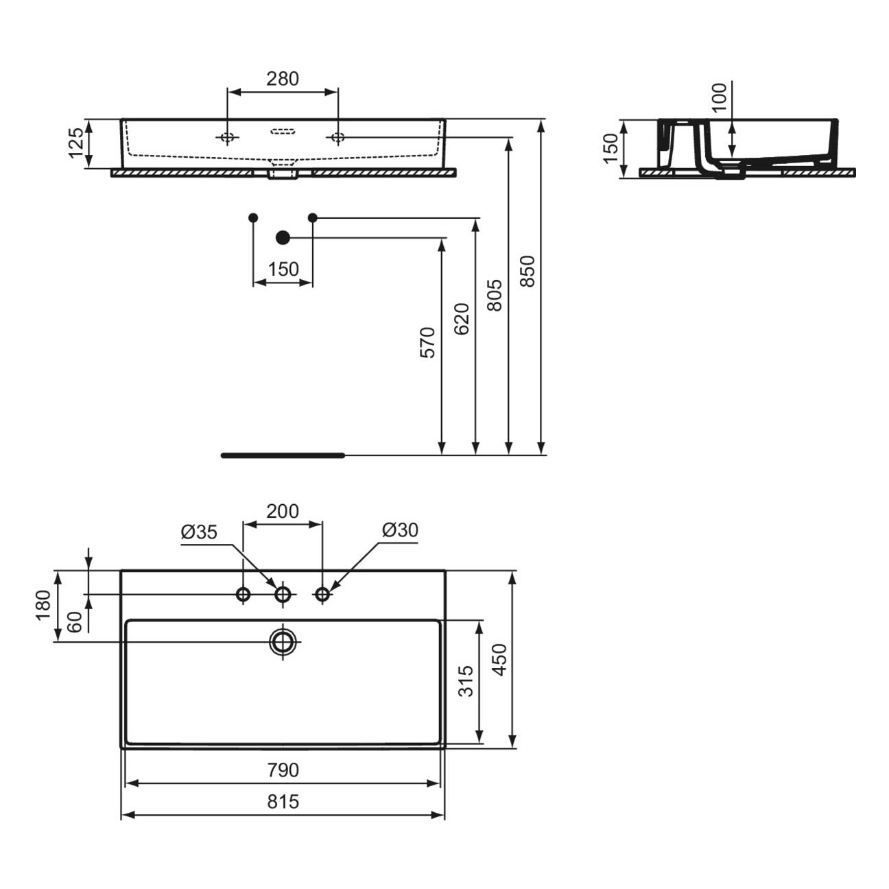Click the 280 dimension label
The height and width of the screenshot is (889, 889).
pos(283,79)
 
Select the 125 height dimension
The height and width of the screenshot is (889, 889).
pos(76,143)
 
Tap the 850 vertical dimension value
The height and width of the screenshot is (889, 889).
pos(528,271)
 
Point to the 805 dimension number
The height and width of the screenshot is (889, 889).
pos(495,295)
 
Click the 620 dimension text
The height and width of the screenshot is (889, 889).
pos(462,319)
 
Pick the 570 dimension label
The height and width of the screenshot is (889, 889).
pos(427,342)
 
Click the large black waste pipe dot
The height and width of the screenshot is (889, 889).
pos(283,237)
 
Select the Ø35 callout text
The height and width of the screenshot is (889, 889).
pos(199,532)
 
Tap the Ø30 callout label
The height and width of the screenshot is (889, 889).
pos(400,530)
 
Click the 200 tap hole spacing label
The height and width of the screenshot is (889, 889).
pos(283,511)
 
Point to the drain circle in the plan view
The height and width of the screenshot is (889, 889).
pos(283,641)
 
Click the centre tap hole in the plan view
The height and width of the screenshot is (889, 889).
pos(283,595)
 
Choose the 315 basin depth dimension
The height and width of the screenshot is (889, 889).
pos(467,680)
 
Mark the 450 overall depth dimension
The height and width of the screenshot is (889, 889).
pos(500,660)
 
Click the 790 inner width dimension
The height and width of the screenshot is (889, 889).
pos(283,770)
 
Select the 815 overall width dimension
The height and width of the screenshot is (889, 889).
pos(283,802)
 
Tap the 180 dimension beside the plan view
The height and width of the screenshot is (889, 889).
pos(44,605)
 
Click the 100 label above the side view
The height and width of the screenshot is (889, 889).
pos(719,97)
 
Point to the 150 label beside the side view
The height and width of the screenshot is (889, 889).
pos(611,148)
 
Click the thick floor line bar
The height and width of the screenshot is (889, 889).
pos(283,455)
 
